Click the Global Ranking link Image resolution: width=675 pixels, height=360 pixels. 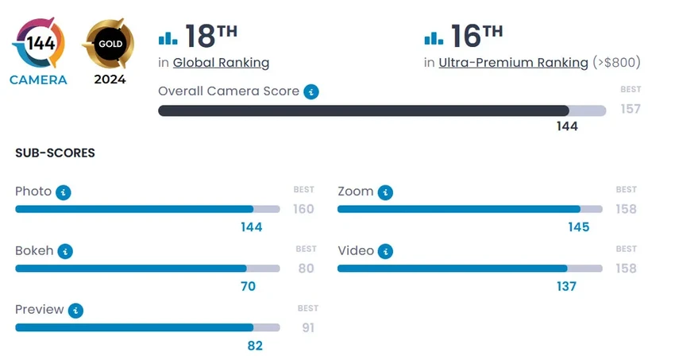(221, 63)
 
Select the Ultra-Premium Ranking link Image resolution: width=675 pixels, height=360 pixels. (513, 63)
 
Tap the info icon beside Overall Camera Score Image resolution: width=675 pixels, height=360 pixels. (311, 91)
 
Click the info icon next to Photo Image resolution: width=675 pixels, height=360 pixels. (64, 192)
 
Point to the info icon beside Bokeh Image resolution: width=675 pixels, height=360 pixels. (65, 251)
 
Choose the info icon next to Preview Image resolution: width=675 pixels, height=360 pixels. (75, 310)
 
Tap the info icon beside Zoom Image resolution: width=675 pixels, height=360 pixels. (385, 192)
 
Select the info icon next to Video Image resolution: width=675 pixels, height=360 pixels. (386, 251)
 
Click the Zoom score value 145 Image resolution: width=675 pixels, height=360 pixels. (579, 227)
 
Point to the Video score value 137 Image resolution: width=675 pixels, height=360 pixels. (566, 286)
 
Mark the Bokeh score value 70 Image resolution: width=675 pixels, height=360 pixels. (248, 286)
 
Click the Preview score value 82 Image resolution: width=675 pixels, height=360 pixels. (254, 346)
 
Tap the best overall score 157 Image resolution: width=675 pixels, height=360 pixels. (631, 109)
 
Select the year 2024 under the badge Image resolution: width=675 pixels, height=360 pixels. (110, 79)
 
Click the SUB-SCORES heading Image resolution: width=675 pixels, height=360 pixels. (55, 153)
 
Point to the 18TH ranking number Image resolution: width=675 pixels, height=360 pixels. (211, 36)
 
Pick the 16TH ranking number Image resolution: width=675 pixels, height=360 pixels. (476, 36)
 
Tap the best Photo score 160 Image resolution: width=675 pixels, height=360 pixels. (303, 209)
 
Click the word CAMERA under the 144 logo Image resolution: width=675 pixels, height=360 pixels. (38, 79)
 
